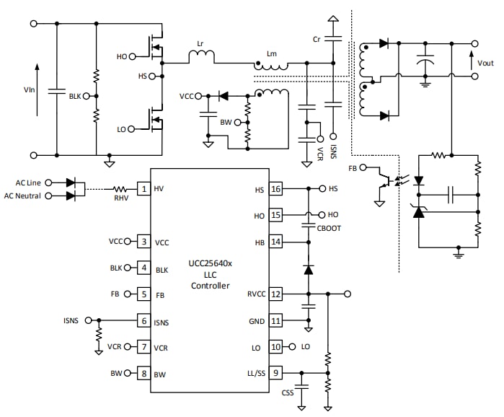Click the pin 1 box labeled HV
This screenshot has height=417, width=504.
click(x=143, y=189)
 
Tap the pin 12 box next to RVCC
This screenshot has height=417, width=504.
click(x=276, y=294)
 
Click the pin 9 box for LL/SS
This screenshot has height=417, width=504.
click(x=276, y=373)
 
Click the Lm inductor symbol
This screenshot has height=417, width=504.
click(x=272, y=66)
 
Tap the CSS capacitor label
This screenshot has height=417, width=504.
click(x=288, y=393)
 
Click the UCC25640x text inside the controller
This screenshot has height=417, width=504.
click(x=209, y=264)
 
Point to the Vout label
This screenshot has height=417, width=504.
click(x=485, y=63)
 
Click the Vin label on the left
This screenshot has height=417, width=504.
click(x=30, y=90)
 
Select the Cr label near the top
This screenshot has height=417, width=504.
click(x=317, y=38)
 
